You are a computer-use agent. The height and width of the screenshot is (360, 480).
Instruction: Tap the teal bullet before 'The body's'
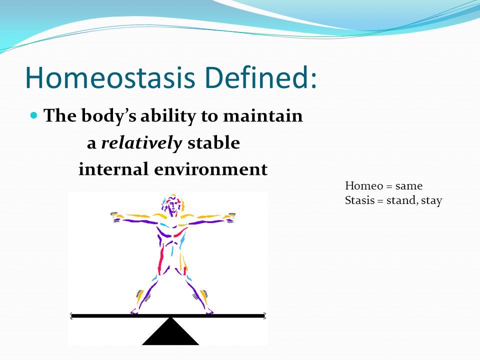point(34,115)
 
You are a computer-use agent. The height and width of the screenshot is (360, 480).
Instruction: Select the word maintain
point(262,115)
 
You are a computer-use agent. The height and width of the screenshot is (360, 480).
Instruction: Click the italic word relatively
point(141,143)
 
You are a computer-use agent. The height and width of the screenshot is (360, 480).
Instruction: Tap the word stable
point(213,142)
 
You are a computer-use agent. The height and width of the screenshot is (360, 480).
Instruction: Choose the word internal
point(113,169)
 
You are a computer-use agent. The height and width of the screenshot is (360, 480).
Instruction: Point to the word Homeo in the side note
point(364,186)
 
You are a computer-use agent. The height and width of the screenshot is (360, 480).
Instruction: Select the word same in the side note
point(409,186)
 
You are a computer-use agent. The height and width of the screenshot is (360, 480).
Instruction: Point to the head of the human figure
point(173,204)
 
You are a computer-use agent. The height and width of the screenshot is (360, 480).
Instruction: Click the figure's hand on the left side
point(115,216)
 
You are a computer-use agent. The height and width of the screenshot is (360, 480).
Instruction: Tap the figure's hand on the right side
point(230,216)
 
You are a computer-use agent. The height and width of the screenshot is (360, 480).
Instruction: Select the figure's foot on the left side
point(134,311)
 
